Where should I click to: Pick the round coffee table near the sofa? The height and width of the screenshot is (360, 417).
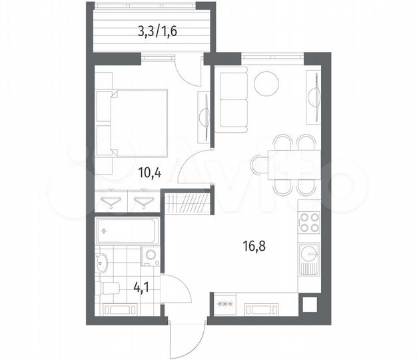click(x=266, y=84)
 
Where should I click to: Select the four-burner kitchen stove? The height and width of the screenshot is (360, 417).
click(x=308, y=223)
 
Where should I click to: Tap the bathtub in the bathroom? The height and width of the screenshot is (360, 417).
click(x=127, y=233)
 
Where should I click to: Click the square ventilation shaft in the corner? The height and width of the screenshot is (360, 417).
click(x=308, y=305)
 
